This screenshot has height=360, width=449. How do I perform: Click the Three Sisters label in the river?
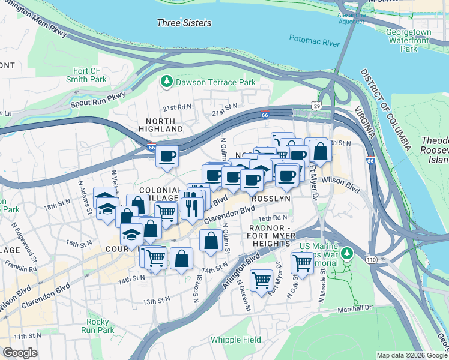[184, 23]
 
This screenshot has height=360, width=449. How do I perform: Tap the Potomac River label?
[314, 40]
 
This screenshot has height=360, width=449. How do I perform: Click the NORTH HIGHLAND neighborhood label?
[161, 125]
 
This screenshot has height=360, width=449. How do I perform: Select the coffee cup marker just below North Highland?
[167, 157]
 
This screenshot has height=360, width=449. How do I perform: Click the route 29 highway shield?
[316, 106]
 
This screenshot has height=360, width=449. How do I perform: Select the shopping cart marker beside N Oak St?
[302, 262]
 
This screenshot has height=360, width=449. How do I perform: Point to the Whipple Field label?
[236, 340]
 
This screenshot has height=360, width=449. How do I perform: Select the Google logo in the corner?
[20, 353]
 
